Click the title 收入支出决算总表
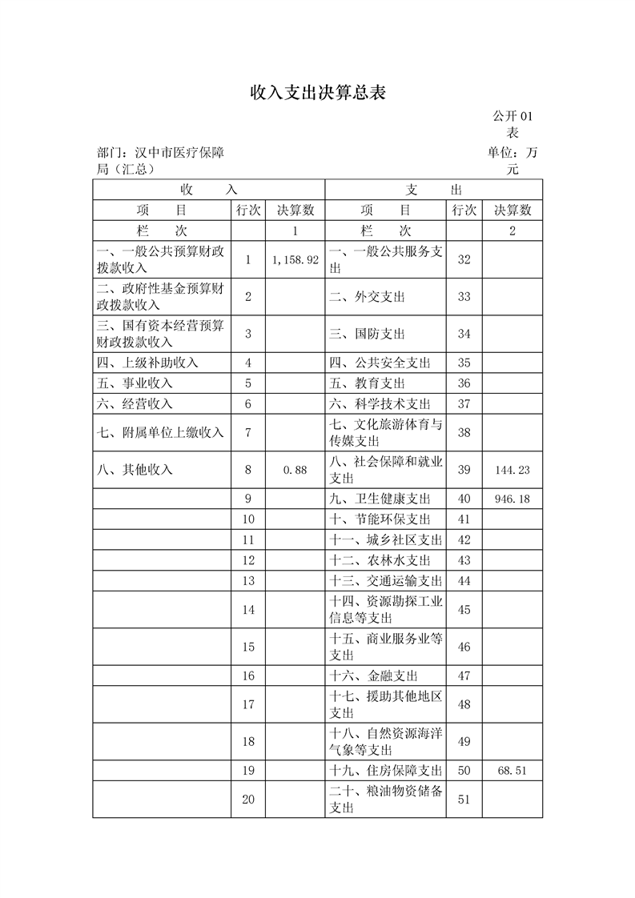[317, 94]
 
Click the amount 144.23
[512, 470]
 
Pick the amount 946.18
[512, 499]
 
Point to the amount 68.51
[512, 770]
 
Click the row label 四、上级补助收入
[147, 363]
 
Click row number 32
[464, 260]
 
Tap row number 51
[464, 800]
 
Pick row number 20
[248, 800]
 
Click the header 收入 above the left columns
[209, 190]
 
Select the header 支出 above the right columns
[434, 190]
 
